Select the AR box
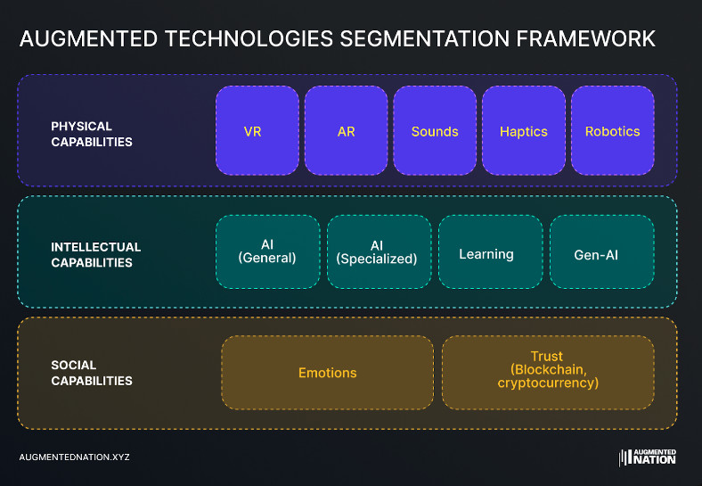click(x=346, y=130)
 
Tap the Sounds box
click(x=435, y=130)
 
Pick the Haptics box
click(x=524, y=130)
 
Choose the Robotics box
click(x=612, y=130)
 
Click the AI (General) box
click(x=267, y=251)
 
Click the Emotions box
click(x=327, y=373)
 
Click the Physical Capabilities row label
click(x=92, y=134)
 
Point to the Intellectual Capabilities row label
click(x=95, y=255)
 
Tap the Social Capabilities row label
click(x=92, y=373)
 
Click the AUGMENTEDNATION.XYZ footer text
click(x=74, y=457)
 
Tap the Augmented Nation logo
click(x=648, y=457)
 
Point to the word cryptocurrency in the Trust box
click(x=548, y=383)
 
